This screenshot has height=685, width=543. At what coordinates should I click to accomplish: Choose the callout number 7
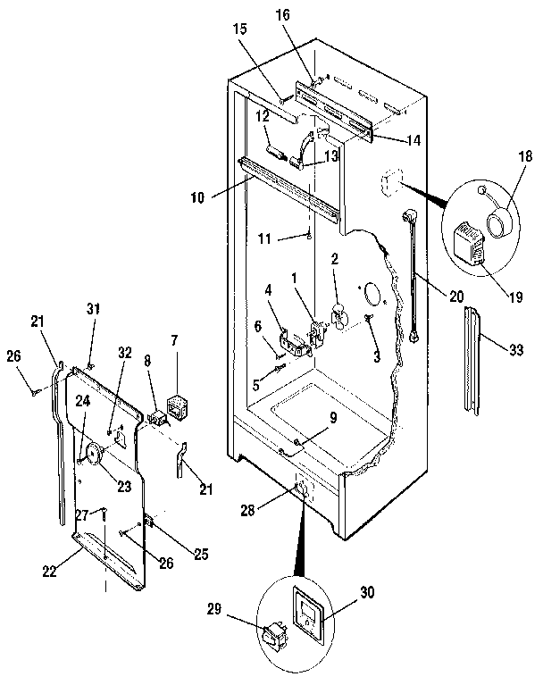[174, 340]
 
